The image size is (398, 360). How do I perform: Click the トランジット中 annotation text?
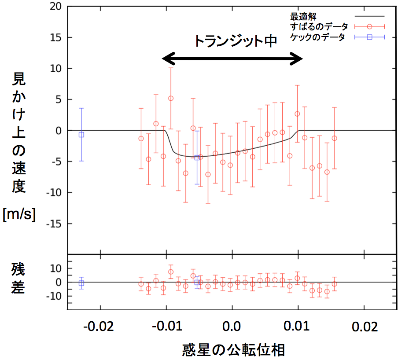pyautogui.click(x=236, y=41)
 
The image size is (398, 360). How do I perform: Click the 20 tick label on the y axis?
pyautogui.click(x=54, y=7)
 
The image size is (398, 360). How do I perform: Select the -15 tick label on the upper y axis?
pyautogui.click(x=52, y=224)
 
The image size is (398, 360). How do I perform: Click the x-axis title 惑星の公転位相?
pyautogui.click(x=233, y=350)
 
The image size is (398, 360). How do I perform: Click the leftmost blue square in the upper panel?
pyautogui.click(x=81, y=135)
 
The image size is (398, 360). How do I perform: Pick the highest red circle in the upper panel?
pyautogui.click(x=171, y=98)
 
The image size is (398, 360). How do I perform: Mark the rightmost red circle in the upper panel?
pyautogui.click(x=334, y=138)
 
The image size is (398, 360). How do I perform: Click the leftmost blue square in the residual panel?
pyautogui.click(x=81, y=283)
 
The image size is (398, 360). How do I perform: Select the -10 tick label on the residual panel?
pyautogui.click(x=52, y=296)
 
